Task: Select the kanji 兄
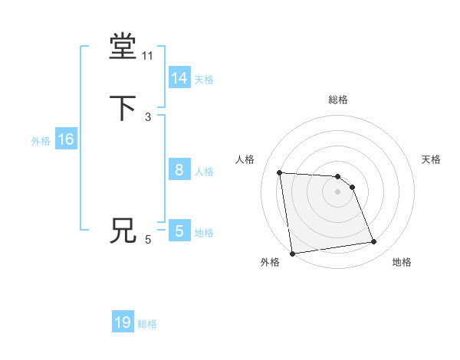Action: point(123,231)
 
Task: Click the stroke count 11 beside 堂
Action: point(148,56)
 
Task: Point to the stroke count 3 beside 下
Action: point(148,116)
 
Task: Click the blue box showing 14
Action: point(179,78)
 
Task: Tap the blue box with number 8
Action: point(179,170)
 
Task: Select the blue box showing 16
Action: point(66,139)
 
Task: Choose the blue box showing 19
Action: point(123,322)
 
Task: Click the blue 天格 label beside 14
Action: point(204,80)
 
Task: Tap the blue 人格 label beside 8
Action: point(204,172)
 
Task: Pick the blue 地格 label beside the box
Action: point(204,233)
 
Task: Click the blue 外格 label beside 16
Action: point(41,141)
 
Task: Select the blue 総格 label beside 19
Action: point(147,324)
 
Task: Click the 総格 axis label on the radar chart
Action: point(338,100)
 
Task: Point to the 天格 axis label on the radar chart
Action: point(431,159)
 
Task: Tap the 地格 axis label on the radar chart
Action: point(402,262)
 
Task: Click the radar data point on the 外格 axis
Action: point(292,254)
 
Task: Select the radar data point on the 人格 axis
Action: point(280,172)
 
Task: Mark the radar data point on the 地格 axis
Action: point(374,242)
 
